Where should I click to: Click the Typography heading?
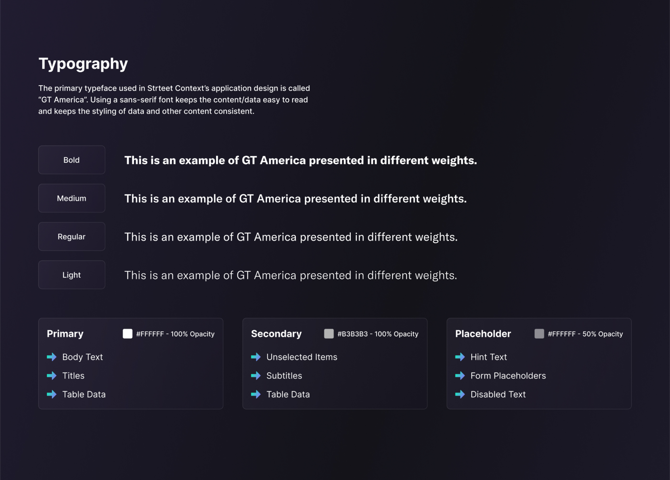pos(83,64)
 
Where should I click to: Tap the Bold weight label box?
pos(72,160)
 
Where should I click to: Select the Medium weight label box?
pos(72,198)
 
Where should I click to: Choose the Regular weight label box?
pos(72,236)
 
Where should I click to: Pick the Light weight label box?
pos(72,275)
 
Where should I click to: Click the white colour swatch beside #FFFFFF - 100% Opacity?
pos(128,334)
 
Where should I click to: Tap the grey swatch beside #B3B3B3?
pos(329,334)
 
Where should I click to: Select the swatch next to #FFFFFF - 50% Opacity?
pos(539,334)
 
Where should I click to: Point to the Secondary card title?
pos(276,334)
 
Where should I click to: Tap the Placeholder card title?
pos(483,334)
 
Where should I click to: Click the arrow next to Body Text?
pos(52,357)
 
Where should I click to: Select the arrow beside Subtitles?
pos(256,376)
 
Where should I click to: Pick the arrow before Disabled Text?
pos(460,394)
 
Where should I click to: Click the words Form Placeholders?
pos(508,376)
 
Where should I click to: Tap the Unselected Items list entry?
pos(302,357)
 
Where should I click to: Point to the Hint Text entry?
pos(489,357)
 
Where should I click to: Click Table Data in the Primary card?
pos(84,394)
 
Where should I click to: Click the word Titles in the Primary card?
pos(73,376)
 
